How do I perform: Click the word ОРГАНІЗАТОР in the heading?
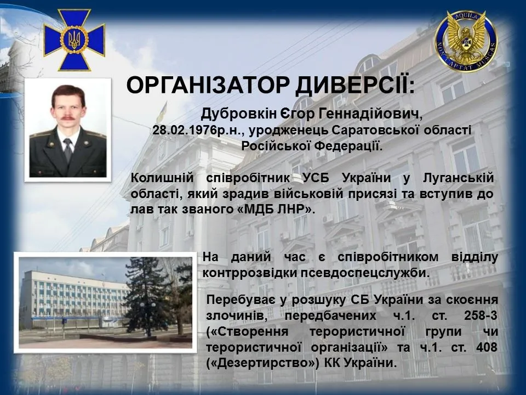tap(207, 86)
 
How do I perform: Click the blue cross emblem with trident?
tap(74, 39)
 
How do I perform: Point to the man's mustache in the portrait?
tap(68, 117)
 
